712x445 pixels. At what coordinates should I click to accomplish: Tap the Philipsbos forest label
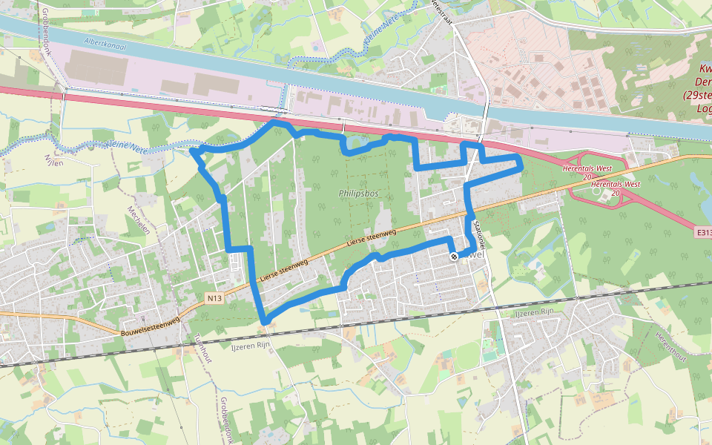358,193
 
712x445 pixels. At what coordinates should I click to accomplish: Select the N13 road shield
214,298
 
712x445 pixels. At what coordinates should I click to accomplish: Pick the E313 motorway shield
704,232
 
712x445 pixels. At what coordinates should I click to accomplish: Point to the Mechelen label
140,220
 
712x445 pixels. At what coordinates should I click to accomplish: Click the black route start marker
454,256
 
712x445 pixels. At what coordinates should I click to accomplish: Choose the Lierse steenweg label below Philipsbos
372,238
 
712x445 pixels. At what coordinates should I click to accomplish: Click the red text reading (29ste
698,96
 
